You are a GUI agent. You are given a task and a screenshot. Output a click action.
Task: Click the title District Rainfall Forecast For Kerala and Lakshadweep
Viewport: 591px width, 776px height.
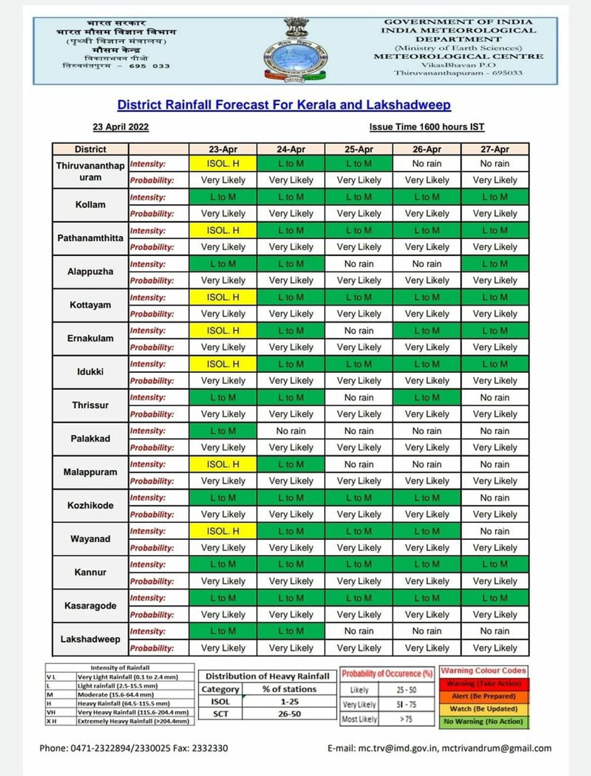284,105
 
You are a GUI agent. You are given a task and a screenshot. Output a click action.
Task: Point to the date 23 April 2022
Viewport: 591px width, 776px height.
121,127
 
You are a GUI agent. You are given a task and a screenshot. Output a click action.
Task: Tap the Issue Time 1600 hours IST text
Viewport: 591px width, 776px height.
427,127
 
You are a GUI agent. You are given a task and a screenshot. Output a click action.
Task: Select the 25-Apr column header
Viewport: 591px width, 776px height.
359,149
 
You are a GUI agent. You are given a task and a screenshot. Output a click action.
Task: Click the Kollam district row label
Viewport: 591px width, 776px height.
90,205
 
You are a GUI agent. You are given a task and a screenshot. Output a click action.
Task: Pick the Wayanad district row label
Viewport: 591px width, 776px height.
90,539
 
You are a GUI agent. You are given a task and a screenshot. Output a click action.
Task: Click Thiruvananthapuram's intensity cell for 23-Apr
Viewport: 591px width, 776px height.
223,164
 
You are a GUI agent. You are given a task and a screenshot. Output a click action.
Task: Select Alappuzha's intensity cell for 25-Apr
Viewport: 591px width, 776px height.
359,264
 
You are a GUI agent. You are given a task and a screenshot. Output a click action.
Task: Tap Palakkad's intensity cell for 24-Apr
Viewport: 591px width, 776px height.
291,431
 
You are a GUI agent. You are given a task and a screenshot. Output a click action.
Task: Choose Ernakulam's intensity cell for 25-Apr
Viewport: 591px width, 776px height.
359,331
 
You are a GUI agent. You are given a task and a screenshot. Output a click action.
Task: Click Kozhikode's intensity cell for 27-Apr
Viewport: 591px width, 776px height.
495,498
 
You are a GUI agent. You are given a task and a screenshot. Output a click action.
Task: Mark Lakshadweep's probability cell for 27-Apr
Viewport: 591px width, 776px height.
495,648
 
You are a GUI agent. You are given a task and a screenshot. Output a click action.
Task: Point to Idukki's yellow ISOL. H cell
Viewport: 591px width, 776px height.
223,364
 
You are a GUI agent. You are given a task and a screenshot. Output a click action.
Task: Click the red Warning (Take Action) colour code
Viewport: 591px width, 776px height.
483,684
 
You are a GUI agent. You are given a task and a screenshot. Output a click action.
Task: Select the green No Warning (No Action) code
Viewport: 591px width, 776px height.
483,721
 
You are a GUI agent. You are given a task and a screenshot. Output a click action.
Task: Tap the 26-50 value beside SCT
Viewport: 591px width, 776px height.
289,714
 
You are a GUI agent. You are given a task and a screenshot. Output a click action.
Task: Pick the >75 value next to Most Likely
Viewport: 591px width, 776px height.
406,719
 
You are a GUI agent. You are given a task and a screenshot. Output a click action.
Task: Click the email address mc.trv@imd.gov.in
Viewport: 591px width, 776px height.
398,748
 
